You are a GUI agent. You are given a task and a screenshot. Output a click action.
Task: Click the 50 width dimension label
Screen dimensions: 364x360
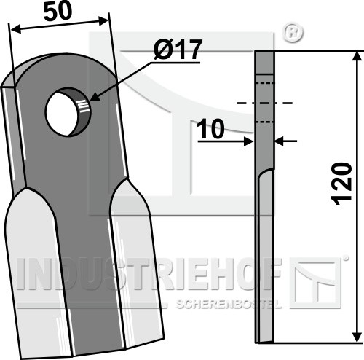[58, 12]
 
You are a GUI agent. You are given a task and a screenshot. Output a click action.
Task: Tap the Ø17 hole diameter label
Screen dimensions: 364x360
[178, 50]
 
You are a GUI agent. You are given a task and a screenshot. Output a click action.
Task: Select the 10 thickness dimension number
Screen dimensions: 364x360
[210, 129]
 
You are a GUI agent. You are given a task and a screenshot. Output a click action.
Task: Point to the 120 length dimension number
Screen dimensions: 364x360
[342, 184]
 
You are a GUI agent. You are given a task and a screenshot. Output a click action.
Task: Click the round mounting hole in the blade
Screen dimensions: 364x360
[68, 112]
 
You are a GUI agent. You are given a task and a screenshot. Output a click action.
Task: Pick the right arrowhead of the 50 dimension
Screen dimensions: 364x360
[103, 21]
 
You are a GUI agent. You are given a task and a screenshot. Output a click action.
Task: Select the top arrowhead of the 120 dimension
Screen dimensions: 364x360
[356, 56]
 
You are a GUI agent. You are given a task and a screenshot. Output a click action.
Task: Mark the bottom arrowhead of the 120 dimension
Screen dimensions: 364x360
[356, 337]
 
